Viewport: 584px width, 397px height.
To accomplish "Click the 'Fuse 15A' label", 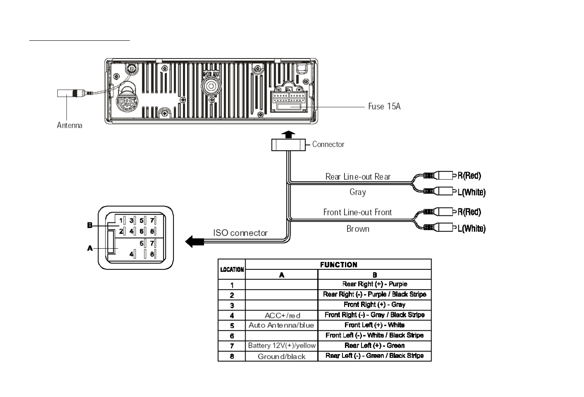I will click(x=384, y=107).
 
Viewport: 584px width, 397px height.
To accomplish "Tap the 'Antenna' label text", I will click(x=69, y=125).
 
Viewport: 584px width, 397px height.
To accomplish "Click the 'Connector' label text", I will click(x=328, y=144).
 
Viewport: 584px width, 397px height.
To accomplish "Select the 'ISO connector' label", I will click(x=240, y=233).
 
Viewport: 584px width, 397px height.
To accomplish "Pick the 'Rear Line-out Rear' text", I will click(x=358, y=177).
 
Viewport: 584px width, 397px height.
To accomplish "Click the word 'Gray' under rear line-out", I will click(x=357, y=192).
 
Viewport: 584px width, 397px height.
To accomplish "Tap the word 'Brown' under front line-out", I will click(x=358, y=229).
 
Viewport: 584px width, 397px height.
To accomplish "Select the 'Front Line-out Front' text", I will click(x=357, y=213).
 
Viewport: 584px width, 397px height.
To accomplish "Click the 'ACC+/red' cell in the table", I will click(x=282, y=315).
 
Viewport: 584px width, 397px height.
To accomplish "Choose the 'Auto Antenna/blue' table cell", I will click(x=281, y=325).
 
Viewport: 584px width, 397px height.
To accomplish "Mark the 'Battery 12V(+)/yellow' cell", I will click(x=281, y=346).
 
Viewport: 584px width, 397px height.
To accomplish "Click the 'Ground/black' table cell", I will click(x=281, y=356).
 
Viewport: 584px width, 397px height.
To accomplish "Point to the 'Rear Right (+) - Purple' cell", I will click(x=374, y=284).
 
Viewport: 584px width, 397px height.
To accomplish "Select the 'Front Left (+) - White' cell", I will click(x=374, y=325).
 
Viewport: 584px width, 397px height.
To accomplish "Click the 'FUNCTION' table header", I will click(x=338, y=265).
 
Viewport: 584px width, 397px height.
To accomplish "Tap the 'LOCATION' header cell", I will click(x=232, y=269).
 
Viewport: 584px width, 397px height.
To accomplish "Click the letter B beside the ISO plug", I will click(x=90, y=226).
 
